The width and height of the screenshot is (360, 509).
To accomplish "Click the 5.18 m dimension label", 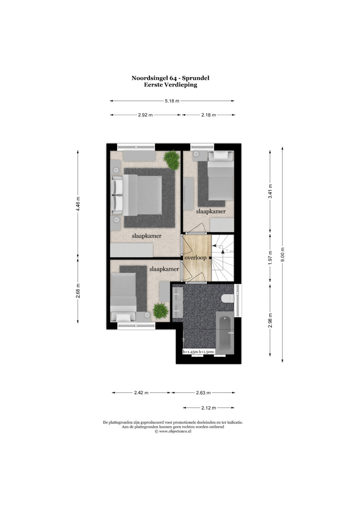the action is pos(172,101).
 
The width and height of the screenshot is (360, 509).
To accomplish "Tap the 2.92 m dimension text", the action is pos(145,115).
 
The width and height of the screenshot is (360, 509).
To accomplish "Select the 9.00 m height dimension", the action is pos(283,254).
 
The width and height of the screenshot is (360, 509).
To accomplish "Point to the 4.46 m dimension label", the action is pos(78,203).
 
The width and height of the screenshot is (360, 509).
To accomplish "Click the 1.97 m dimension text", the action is pos(270,257).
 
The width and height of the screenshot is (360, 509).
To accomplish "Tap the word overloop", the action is pos(195,258).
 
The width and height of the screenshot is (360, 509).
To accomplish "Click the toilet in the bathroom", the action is pos(228,298).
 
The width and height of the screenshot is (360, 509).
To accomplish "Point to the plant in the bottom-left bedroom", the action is pos(161,311).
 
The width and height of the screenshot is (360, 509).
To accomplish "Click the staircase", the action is pos(223,258).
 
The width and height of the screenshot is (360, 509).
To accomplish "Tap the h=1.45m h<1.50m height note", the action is pos(198,352).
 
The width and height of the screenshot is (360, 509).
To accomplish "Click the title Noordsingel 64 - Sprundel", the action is pos(170,78).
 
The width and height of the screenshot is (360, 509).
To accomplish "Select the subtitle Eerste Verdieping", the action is pos(170,85).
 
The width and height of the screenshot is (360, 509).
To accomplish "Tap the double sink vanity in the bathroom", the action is pos(177,302).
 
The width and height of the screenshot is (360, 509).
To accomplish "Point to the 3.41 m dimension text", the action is pos(270,191).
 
